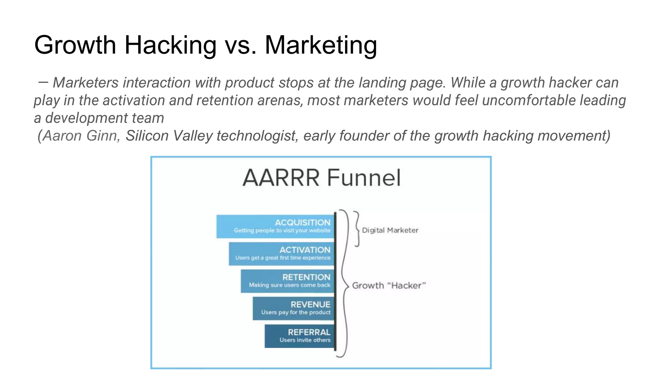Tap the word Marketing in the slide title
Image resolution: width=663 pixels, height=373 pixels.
pyautogui.click(x=321, y=45)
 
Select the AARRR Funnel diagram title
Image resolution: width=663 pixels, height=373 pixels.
pyautogui.click(x=321, y=178)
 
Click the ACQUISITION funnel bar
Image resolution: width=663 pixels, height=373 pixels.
pyautogui.click(x=275, y=226)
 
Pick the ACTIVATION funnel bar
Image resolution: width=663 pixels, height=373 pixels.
pyautogui.click(x=281, y=254)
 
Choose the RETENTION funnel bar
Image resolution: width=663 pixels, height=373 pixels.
pyautogui.click(x=287, y=281)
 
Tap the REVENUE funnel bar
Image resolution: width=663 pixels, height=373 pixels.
pyautogui.click(x=293, y=308)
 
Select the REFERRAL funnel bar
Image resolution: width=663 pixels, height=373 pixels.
pyautogui.click(x=299, y=336)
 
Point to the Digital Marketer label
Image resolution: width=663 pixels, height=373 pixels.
pyautogui.click(x=390, y=230)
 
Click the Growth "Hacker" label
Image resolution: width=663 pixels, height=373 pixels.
pyautogui.click(x=389, y=285)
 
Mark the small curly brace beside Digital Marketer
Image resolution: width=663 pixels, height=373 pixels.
pyautogui.click(x=356, y=229)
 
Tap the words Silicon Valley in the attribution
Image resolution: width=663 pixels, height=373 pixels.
pyautogui.click(x=168, y=136)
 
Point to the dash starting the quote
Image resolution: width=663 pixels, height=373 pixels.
pyautogui.click(x=43, y=82)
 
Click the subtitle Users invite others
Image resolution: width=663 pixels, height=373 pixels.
pyautogui.click(x=305, y=340)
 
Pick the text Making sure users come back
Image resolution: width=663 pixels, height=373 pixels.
pyautogui.click(x=289, y=285)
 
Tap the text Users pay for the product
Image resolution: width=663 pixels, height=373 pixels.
pyautogui.click(x=296, y=312)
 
